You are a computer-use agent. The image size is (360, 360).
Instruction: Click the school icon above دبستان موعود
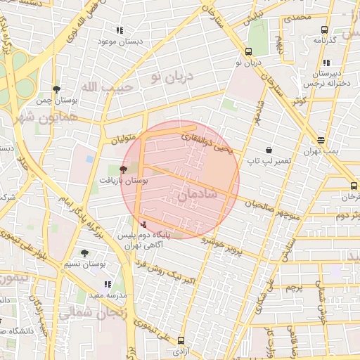click(120, 31)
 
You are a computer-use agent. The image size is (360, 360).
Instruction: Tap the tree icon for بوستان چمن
click(56, 89)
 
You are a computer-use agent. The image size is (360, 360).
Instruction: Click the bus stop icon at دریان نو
click(248, 51)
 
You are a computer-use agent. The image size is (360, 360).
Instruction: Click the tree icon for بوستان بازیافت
click(124, 169)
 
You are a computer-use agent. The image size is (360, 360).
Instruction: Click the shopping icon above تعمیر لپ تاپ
click(269, 150)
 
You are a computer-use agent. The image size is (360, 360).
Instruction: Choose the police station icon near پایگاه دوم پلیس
click(144, 224)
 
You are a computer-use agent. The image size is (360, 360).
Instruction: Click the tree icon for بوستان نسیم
click(85, 253)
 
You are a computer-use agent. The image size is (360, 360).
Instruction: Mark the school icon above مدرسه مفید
click(108, 285)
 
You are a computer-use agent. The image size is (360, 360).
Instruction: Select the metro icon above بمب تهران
click(321, 141)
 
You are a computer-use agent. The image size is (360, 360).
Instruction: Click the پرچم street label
click(294, 287)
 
